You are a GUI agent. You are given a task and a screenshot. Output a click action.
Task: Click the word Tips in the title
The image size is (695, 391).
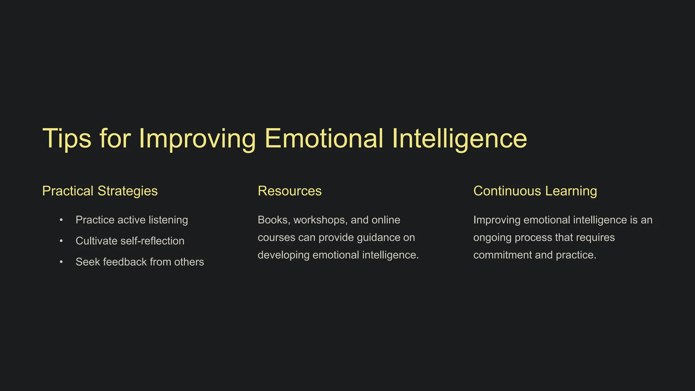click(67, 138)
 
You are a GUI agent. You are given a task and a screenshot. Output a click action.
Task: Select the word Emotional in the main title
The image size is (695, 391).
click(324, 138)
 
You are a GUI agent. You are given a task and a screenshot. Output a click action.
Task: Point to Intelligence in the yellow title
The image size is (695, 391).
click(459, 138)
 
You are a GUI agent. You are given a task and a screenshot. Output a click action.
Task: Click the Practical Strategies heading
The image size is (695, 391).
click(100, 191)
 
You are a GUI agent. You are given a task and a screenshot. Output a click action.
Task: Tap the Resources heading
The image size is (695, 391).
click(289, 191)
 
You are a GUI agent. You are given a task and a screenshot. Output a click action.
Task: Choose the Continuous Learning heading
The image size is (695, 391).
click(535, 191)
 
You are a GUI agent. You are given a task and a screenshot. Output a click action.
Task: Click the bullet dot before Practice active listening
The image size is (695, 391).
click(61, 220)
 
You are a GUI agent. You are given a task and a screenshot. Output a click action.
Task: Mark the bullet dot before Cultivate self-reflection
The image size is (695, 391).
click(61, 241)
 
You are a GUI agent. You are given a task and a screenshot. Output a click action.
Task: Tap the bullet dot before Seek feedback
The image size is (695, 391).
click(61, 262)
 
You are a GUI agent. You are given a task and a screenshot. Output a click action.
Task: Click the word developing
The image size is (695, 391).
click(284, 255)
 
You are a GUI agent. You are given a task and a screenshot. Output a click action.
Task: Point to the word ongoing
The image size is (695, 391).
click(492, 238)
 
